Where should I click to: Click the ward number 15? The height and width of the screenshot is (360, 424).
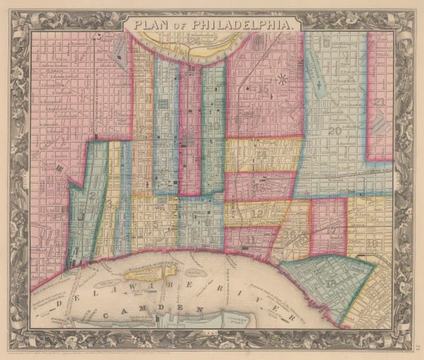(x=263, y=89)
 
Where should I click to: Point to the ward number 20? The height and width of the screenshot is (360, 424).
(x=334, y=131)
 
